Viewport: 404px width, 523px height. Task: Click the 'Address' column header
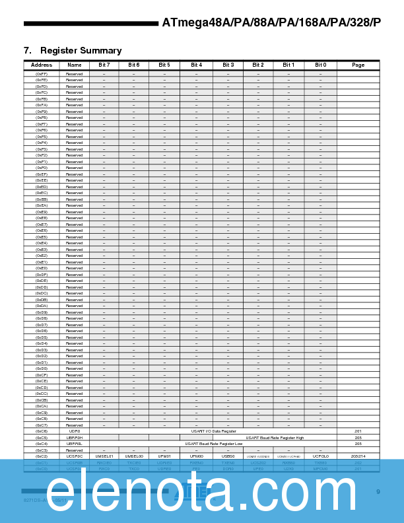[41, 65]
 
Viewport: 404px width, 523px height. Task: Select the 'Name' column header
[75, 65]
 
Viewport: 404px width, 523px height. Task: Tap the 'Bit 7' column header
[104, 65]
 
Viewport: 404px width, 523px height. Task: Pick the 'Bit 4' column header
[197, 65]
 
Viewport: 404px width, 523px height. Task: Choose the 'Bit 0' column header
[320, 65]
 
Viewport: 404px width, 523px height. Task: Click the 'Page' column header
[358, 65]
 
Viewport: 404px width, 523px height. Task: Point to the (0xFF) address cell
[41, 74]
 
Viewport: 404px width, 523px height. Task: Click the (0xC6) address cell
[41, 431]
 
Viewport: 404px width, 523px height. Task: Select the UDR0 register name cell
[75, 431]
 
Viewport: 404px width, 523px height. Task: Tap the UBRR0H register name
[75, 437]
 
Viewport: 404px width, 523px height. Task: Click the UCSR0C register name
[75, 456]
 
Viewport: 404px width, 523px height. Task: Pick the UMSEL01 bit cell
[104, 456]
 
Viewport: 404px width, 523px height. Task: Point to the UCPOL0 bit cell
[320, 456]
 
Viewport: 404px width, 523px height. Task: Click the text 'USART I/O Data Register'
[213, 431]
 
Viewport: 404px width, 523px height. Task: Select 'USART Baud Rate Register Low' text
[213, 444]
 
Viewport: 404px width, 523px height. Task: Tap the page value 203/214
[358, 456]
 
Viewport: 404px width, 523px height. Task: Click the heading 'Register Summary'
[81, 51]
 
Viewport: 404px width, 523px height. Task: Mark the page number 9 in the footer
[378, 491]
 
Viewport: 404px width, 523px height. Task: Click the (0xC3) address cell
[41, 450]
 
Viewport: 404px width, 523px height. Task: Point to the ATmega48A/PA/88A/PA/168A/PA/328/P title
[271, 22]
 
